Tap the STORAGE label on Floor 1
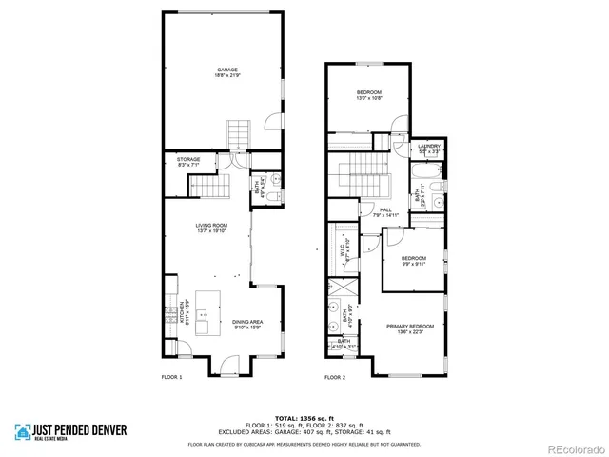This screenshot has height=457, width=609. click(x=188, y=162)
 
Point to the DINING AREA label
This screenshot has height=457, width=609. click(x=247, y=325)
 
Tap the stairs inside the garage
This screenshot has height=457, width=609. click(x=237, y=132)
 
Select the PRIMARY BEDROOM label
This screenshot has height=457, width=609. click(x=410, y=328)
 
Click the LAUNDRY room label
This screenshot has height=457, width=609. click(x=429, y=149)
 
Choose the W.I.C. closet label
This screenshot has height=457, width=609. click(x=345, y=249)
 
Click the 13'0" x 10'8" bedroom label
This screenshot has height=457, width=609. click(x=368, y=94)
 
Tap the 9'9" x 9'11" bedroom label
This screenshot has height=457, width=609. click(x=413, y=261)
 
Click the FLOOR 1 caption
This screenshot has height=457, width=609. click(x=171, y=378)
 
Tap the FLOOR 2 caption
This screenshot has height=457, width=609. click(x=335, y=378)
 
